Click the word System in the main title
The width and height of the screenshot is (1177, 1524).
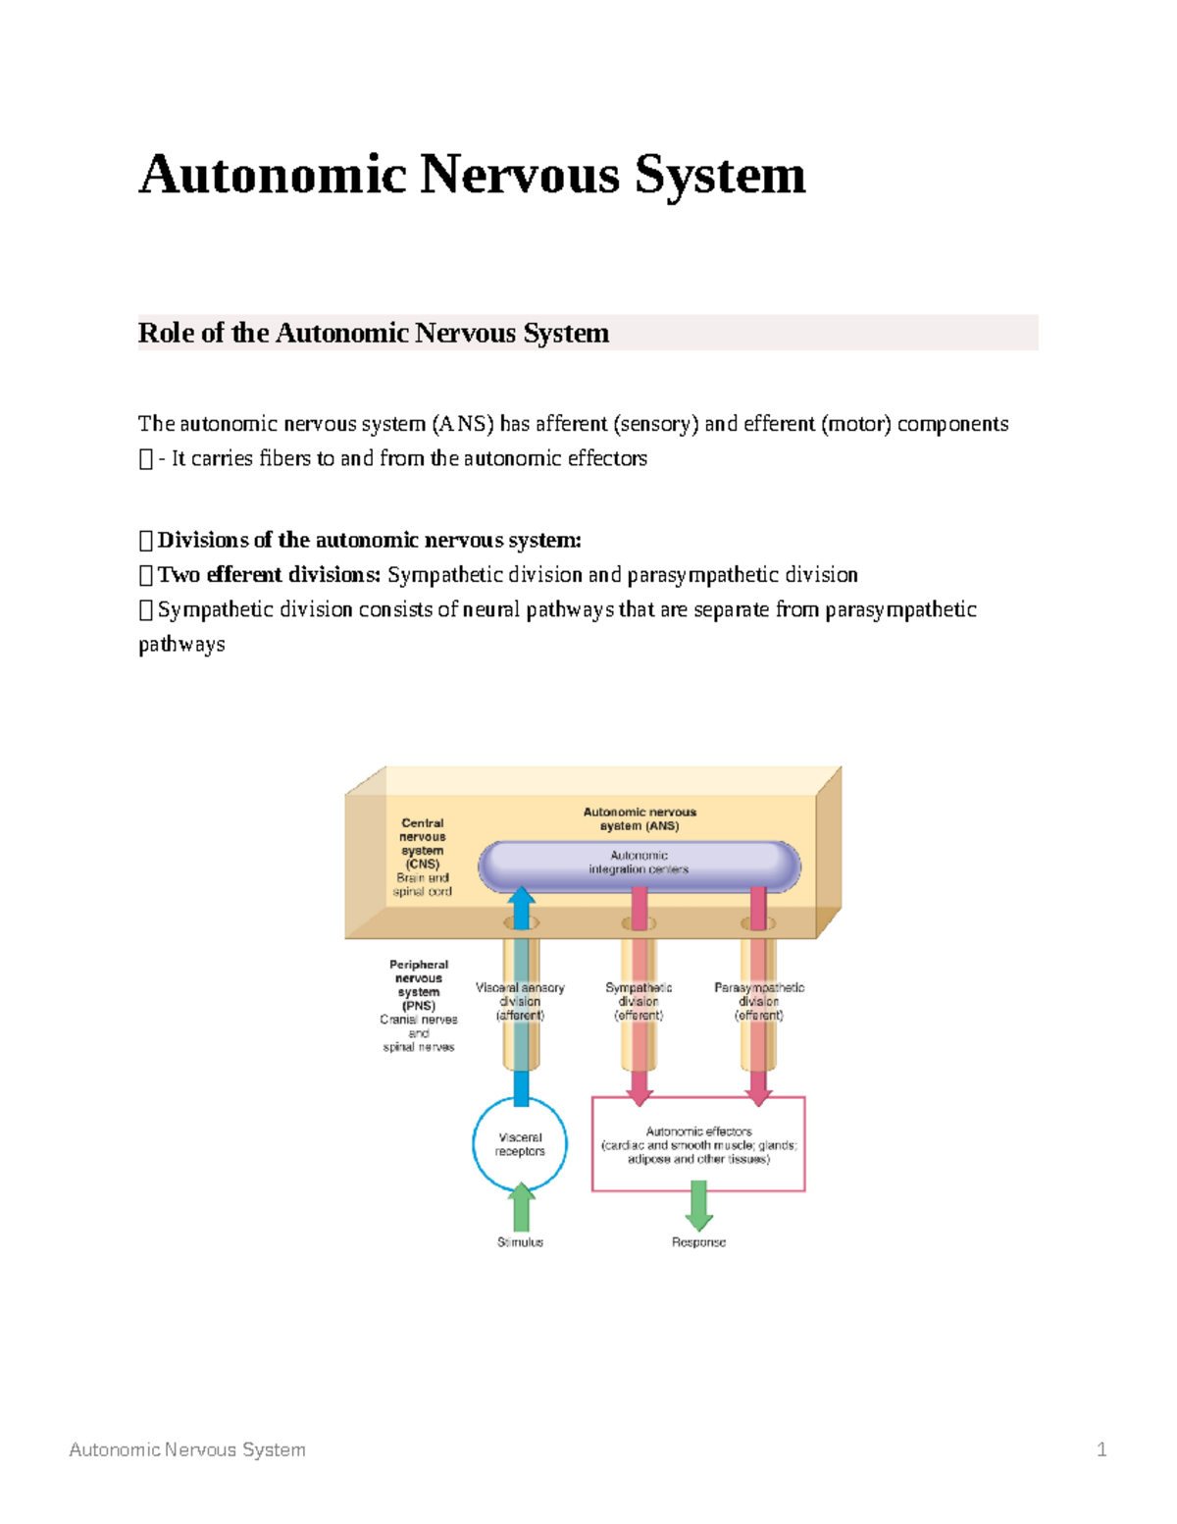719,176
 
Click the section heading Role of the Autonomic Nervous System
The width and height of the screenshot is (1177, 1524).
373,334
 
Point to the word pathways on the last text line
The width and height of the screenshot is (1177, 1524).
181,645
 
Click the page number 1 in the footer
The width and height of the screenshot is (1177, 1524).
1101,1449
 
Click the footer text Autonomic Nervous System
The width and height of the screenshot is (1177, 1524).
187,1449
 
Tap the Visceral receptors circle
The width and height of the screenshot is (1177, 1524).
520,1144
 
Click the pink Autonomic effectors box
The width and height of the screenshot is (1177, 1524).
698,1145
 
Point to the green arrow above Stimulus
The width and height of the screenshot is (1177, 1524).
521,1206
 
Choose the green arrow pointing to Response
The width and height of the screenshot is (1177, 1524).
698,1205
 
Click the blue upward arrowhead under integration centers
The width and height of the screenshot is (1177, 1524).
521,898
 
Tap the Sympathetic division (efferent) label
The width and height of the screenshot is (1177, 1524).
639,1002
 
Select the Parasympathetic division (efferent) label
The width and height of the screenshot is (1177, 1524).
758,1002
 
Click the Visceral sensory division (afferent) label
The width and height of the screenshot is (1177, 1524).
520,1002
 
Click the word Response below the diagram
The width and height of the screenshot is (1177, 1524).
698,1242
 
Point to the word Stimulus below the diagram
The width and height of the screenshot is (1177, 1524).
520,1242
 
